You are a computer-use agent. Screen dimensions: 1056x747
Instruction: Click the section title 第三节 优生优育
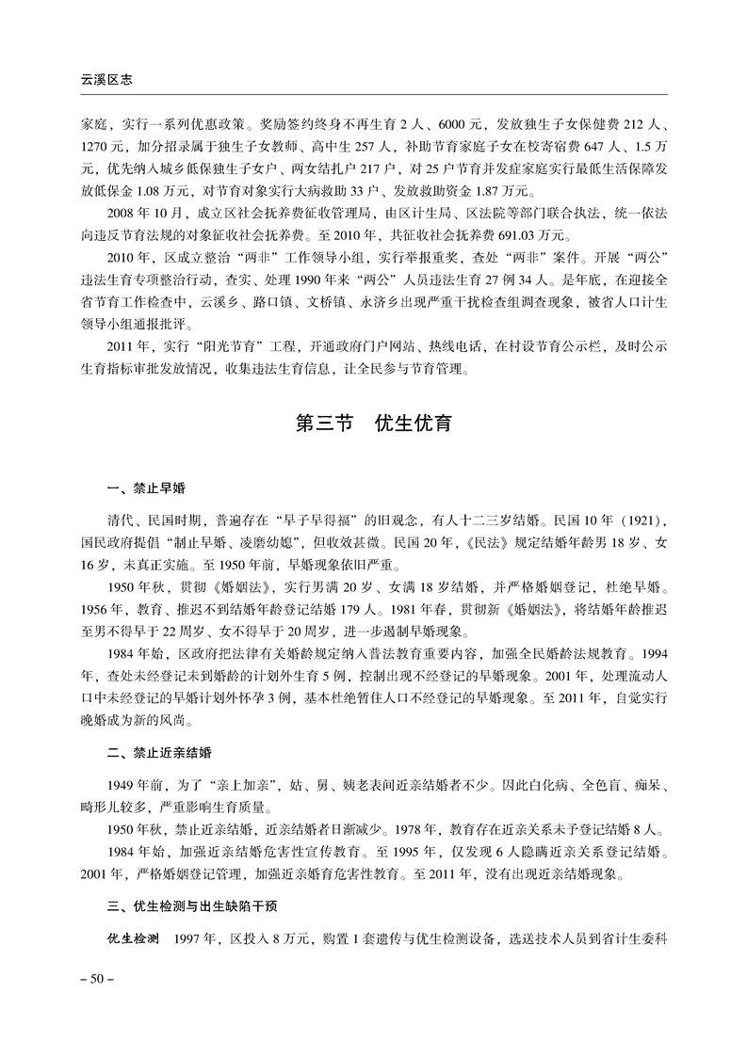[x=374, y=423]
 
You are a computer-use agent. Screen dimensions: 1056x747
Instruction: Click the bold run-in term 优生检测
[x=133, y=939]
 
